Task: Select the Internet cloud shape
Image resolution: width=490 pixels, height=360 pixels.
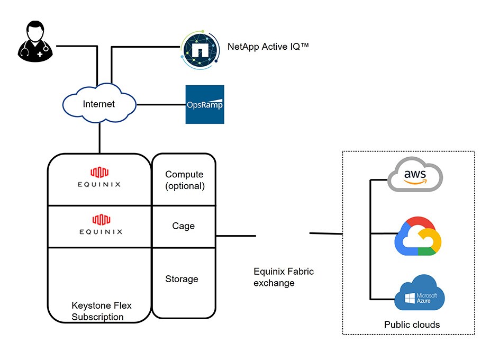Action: click(99, 104)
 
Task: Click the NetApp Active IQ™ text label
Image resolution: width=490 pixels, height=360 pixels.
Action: click(268, 47)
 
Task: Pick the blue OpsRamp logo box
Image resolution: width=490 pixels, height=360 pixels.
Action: click(205, 104)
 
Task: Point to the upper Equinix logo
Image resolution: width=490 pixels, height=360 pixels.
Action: click(98, 177)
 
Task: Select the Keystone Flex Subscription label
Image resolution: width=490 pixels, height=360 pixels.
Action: click(101, 311)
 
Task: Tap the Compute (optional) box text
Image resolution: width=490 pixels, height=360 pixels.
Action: click(185, 180)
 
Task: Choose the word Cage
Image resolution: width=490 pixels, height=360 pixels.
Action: click(184, 226)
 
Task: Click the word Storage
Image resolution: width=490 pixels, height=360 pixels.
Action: click(182, 279)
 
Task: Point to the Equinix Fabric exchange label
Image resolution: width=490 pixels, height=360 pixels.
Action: click(283, 277)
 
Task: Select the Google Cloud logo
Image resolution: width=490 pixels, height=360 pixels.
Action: click(418, 236)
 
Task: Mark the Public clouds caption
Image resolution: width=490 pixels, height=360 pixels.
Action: click(412, 325)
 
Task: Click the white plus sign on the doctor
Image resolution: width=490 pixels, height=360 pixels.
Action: click(40, 55)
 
